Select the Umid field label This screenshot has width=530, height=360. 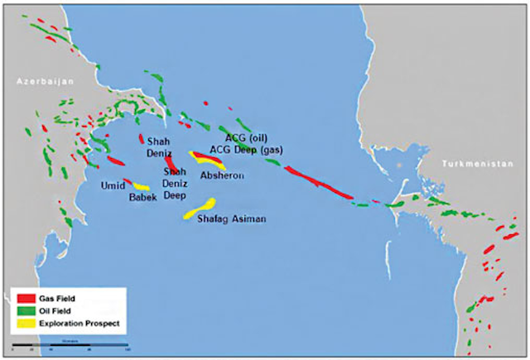click(112, 185)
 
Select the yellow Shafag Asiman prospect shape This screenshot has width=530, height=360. click(200, 209)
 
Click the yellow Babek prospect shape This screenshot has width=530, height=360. click(142, 187)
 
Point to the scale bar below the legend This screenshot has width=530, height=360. click(70, 343)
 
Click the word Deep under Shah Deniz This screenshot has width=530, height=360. click(174, 196)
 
